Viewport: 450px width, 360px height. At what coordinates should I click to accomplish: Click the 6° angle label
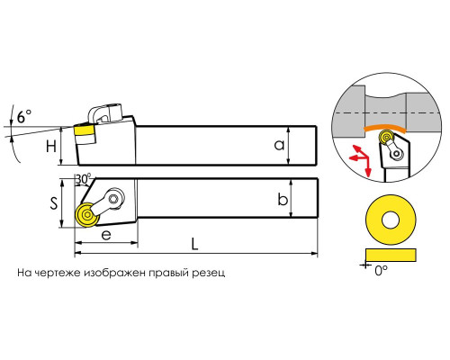24,116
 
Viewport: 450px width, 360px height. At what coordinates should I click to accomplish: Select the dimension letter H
51,147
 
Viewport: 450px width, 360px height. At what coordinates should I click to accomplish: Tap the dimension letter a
279,145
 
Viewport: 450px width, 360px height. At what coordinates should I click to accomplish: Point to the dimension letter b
283,200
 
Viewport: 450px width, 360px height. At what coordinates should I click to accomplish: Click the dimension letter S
53,203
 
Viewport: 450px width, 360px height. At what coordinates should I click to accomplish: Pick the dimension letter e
106,235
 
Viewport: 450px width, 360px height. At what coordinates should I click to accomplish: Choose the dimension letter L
195,244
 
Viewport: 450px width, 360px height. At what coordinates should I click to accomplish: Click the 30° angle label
83,179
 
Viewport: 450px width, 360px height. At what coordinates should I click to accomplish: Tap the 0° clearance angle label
381,271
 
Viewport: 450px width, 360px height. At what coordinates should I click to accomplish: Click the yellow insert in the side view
85,130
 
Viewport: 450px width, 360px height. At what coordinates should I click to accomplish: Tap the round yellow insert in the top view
87,215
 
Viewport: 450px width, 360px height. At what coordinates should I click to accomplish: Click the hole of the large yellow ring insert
391,220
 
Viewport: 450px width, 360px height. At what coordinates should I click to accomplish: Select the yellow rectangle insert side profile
391,255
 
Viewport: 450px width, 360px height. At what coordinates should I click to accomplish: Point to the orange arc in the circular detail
384,126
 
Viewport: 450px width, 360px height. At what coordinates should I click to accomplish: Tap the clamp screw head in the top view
113,198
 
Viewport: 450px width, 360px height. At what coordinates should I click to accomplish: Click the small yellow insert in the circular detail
385,137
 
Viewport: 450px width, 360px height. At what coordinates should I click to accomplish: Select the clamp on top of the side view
104,113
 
